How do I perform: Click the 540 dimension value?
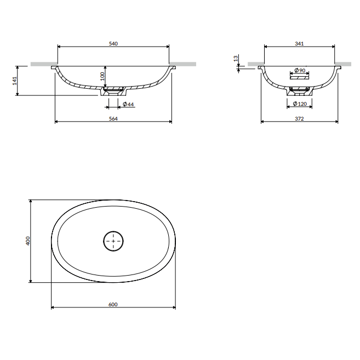pos(113,44)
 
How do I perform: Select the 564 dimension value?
pos(113,119)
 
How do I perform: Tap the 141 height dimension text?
pos(15,81)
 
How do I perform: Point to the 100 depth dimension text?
pos(102,76)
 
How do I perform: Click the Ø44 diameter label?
pos(128,104)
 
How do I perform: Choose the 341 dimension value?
pos(299,44)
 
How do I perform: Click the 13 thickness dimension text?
pos(236,59)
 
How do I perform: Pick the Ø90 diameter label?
pos(300,70)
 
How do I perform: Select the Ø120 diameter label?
pos(300,104)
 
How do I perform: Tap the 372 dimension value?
pos(299,119)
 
